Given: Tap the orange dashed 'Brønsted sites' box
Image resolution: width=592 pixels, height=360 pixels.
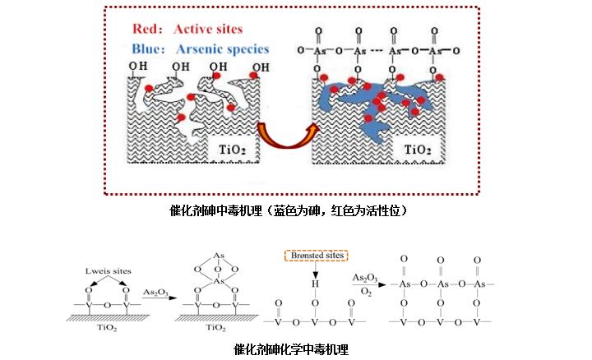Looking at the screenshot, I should (317, 256).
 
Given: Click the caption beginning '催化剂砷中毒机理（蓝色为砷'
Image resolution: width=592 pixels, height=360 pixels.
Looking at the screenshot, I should (287, 210).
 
